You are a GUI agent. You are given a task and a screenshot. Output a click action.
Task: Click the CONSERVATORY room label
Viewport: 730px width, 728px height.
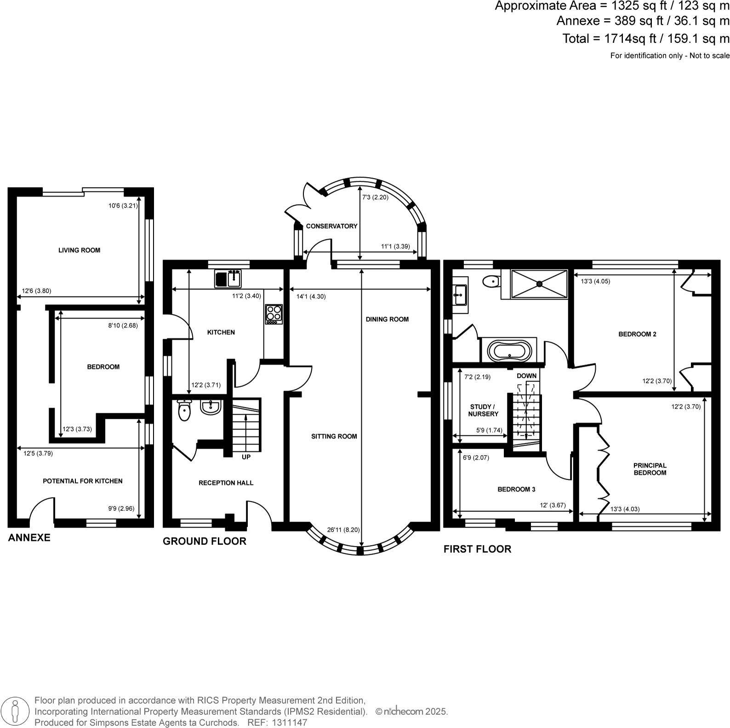(x=331, y=226)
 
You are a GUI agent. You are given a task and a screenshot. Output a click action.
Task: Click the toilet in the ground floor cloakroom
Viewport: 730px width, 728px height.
(x=184, y=410)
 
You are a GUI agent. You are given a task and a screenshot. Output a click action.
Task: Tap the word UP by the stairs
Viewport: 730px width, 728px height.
(x=246, y=457)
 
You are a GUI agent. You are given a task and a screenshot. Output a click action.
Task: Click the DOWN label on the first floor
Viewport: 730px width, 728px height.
(x=526, y=376)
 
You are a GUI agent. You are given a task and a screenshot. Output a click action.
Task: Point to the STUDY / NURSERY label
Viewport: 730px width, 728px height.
(x=483, y=410)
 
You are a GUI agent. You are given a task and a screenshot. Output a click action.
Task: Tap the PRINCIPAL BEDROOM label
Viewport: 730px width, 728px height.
(x=650, y=469)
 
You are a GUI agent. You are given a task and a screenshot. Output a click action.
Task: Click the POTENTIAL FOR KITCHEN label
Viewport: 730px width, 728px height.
(x=83, y=481)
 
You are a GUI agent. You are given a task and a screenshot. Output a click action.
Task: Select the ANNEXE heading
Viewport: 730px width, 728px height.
(x=29, y=537)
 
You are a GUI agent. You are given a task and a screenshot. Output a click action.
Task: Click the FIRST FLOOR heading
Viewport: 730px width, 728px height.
(x=477, y=549)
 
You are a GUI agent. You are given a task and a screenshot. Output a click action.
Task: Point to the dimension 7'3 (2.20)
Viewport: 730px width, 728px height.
(x=375, y=197)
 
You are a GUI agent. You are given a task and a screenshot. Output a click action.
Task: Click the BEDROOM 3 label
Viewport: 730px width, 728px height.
(x=516, y=489)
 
